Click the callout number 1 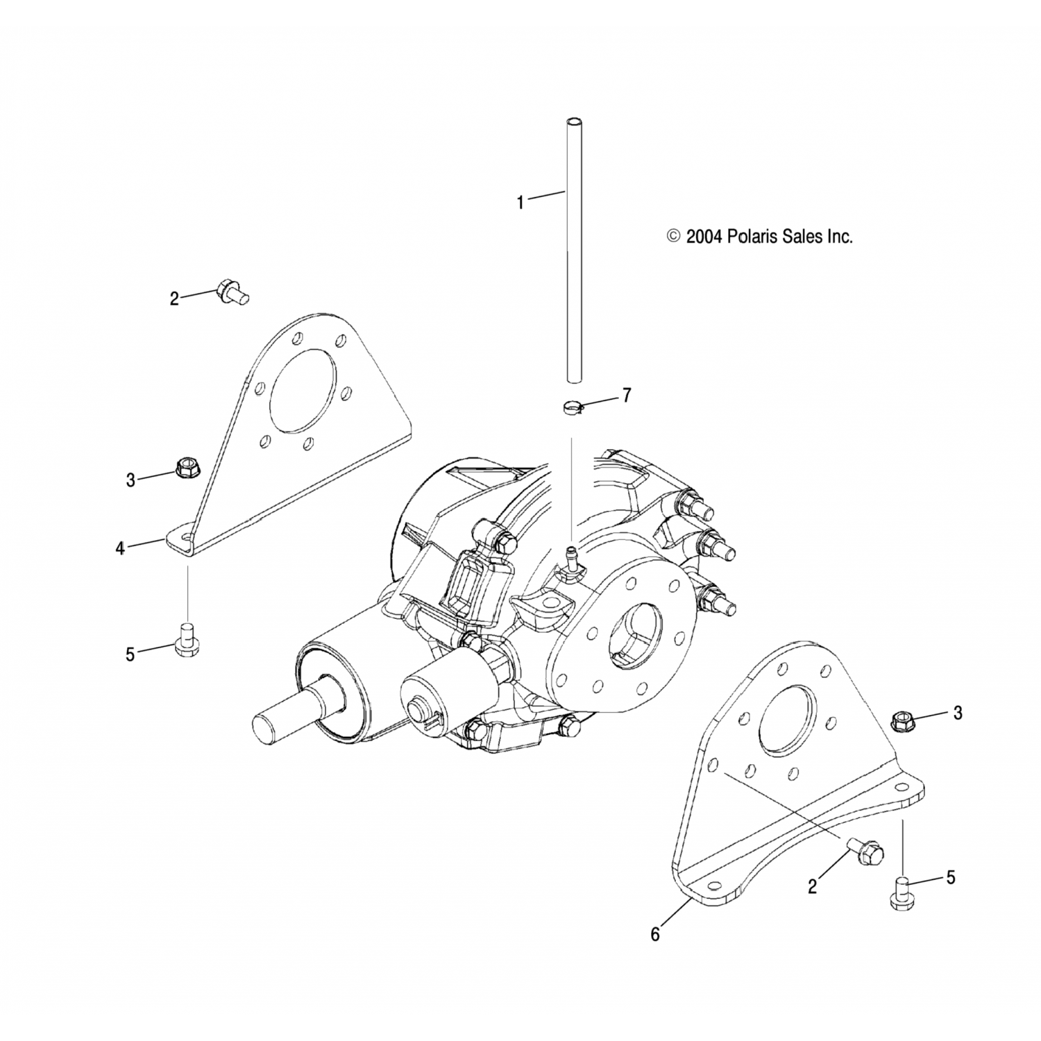(520, 203)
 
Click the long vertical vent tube (573, 250)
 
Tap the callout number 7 (627, 396)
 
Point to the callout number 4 (121, 548)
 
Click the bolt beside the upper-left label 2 (230, 291)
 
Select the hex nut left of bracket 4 (187, 468)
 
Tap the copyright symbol (672, 237)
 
